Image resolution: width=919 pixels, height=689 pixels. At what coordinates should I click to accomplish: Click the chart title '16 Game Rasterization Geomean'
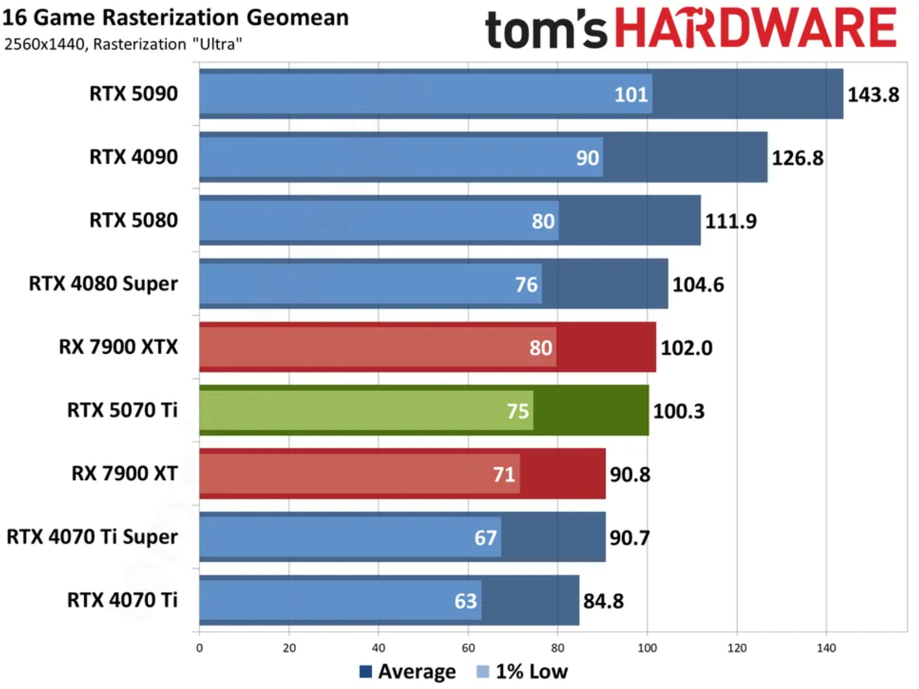pos(175,17)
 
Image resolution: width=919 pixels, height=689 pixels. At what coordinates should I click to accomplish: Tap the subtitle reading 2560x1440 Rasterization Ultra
pos(123,44)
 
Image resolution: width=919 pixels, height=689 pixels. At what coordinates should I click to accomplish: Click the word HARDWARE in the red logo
pos(755,28)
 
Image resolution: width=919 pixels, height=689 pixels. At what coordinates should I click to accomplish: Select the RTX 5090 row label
pos(133,93)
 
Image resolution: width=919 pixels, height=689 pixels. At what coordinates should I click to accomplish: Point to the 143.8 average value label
pos(872,94)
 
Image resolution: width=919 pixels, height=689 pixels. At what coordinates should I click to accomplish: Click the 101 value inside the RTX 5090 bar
pos(631,94)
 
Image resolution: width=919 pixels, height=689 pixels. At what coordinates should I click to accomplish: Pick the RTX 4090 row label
pos(133,157)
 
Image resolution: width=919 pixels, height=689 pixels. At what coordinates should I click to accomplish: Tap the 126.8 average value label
pos(797,158)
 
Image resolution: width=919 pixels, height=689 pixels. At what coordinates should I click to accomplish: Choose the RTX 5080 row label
pos(133,220)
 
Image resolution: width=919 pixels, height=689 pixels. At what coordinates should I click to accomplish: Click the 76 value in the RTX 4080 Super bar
pos(526,285)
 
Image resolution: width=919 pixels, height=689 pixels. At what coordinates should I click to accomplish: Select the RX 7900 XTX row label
pos(118,347)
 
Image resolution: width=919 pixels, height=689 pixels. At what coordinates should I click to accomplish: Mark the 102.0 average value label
pos(686,348)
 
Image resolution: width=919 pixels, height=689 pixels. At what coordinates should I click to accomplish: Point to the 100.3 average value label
pos(678,411)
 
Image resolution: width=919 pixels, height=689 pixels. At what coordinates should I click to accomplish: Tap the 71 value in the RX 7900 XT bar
pos(504,475)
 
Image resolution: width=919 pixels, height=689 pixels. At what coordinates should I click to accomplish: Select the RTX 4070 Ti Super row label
pos(92,537)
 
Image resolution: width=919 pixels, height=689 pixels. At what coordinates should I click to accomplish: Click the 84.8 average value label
pos(603,601)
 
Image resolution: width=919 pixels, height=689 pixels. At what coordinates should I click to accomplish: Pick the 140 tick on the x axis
pos(826,648)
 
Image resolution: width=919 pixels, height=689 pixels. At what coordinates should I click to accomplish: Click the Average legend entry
pos(407,672)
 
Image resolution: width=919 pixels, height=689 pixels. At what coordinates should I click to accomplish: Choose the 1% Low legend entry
pos(523,672)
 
